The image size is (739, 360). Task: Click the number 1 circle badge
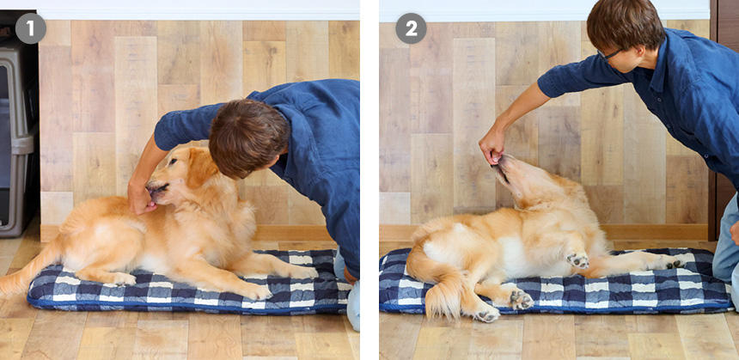coord(31,28)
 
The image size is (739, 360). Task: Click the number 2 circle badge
coord(411,28)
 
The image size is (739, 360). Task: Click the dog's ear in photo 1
coord(201,168)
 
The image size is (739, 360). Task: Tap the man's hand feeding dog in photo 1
coord(140,198)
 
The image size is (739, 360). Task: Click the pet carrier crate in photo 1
coord(17,124)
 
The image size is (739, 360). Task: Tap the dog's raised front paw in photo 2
coord(577,260)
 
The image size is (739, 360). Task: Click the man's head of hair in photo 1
coord(247,137)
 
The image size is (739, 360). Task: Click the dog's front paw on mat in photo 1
coord(257,291)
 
